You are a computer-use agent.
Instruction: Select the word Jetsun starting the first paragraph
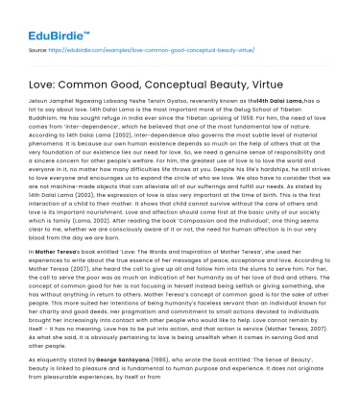tap(35, 97)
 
